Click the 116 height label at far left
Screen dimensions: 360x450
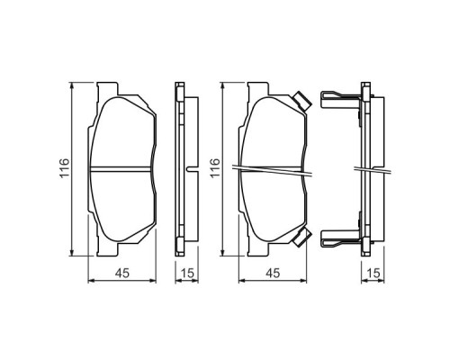[x=64, y=168]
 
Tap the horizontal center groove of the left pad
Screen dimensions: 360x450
[x=122, y=168]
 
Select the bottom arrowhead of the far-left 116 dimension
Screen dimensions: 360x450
[x=73, y=251]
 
